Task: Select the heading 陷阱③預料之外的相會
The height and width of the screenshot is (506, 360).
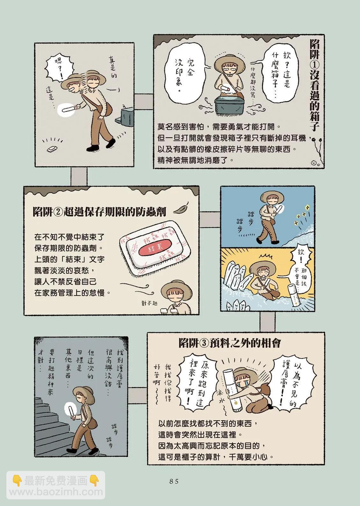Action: pyautogui.click(x=230, y=343)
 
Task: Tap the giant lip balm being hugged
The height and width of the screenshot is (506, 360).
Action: pyautogui.click(x=230, y=389)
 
